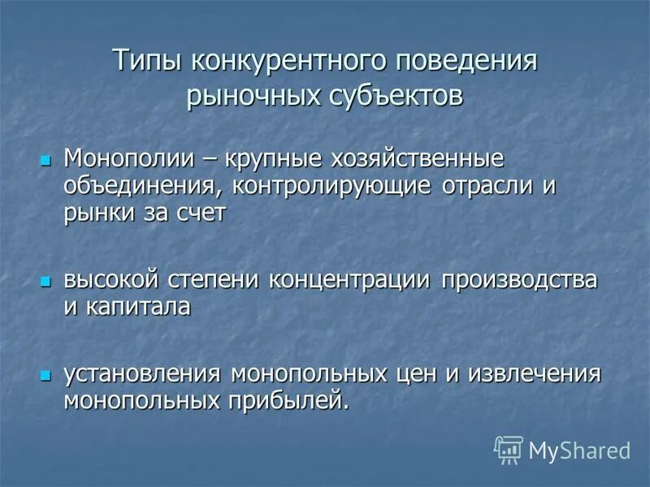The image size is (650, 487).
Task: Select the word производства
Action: click(x=520, y=280)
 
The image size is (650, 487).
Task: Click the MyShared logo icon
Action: click(x=509, y=449)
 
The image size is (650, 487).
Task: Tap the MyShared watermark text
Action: click(x=580, y=450)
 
